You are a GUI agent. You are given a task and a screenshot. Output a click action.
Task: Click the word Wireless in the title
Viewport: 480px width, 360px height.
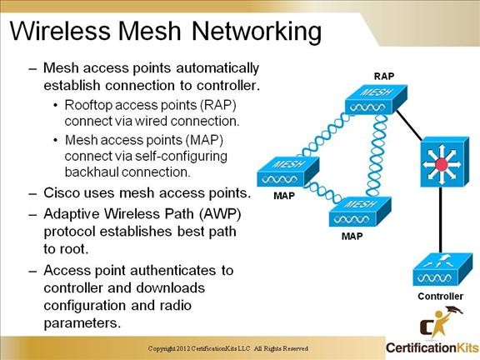[x=60, y=31]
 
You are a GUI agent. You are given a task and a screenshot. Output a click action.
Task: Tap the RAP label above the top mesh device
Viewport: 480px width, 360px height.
[x=384, y=76]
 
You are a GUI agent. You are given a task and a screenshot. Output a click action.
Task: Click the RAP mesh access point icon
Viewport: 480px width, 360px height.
[x=376, y=99]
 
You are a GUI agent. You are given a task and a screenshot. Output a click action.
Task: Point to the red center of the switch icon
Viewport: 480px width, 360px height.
[x=442, y=165]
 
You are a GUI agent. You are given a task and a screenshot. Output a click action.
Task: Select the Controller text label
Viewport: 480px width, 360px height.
[x=440, y=296]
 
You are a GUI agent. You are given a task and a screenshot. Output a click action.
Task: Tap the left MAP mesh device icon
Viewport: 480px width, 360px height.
[x=288, y=172]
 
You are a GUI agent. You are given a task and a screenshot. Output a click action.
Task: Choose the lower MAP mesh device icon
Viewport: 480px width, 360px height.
[x=360, y=212]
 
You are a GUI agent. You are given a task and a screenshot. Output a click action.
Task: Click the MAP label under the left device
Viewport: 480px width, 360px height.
[x=284, y=196]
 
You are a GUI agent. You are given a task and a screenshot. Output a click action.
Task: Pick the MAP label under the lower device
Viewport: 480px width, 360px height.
[x=352, y=236]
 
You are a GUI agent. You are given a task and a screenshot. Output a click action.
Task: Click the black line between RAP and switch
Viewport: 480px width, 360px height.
[x=409, y=126]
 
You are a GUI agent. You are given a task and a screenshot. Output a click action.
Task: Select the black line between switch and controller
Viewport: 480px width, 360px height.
[x=441, y=220]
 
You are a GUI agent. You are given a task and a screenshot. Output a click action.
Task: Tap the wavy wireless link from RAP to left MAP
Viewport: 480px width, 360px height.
[x=326, y=136]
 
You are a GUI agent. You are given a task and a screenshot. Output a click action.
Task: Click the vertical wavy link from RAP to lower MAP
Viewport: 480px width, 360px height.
[x=376, y=156]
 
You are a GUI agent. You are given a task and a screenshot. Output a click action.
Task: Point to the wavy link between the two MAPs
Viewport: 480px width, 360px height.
[x=323, y=192]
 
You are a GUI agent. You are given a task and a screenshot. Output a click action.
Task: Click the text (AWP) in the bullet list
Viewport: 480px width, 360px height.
[x=220, y=213]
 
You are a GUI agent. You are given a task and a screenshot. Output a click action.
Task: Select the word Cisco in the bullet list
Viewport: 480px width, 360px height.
[x=62, y=192]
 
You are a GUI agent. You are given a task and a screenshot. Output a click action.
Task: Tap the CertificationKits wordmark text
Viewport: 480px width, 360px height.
[x=432, y=347]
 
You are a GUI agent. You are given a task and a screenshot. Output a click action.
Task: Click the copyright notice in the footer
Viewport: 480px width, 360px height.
[x=228, y=348]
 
